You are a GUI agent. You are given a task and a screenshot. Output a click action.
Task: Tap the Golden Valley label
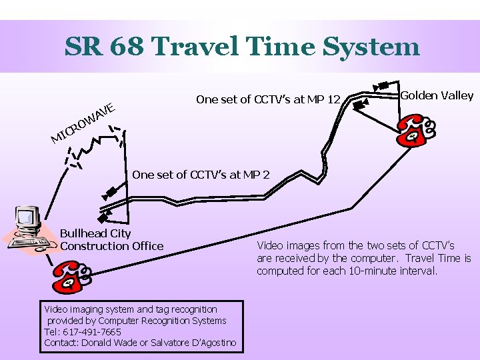(x=437, y=95)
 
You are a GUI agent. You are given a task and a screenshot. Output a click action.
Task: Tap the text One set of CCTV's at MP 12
(x=268, y=100)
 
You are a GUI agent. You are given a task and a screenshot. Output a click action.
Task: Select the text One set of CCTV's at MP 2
(x=201, y=175)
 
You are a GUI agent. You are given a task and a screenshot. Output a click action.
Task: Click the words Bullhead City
(x=95, y=233)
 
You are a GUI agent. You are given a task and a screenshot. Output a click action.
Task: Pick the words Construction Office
(x=111, y=246)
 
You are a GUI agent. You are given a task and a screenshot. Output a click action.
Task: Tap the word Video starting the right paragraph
(x=270, y=245)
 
